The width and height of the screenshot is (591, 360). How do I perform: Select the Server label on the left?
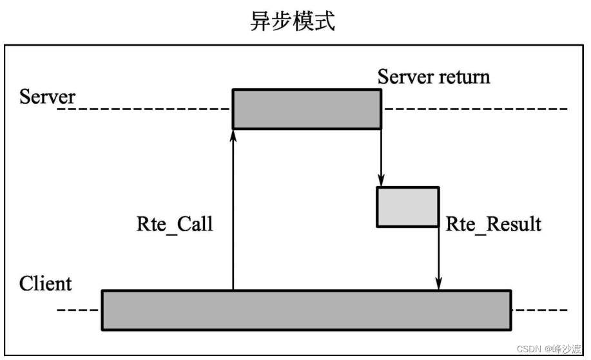pyautogui.click(x=48, y=98)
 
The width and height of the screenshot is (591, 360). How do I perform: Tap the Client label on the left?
pyautogui.click(x=46, y=283)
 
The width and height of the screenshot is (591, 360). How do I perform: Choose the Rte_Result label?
pyautogui.click(x=494, y=224)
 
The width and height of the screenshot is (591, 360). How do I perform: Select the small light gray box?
pyautogui.click(x=408, y=207)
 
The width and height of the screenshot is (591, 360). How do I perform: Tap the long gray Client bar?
pyautogui.click(x=306, y=310)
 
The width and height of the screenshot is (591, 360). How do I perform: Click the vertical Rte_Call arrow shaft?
pyautogui.click(x=233, y=213)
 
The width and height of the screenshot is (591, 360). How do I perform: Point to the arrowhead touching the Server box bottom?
pyautogui.click(x=233, y=135)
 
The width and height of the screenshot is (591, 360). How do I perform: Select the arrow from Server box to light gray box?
pyautogui.click(x=381, y=155)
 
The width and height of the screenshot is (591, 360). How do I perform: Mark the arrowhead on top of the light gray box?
pyautogui.click(x=381, y=181)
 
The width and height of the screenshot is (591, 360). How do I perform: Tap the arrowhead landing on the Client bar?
pyautogui.click(x=439, y=284)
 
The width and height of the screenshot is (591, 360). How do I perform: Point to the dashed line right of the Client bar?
pyautogui.click(x=541, y=310)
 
